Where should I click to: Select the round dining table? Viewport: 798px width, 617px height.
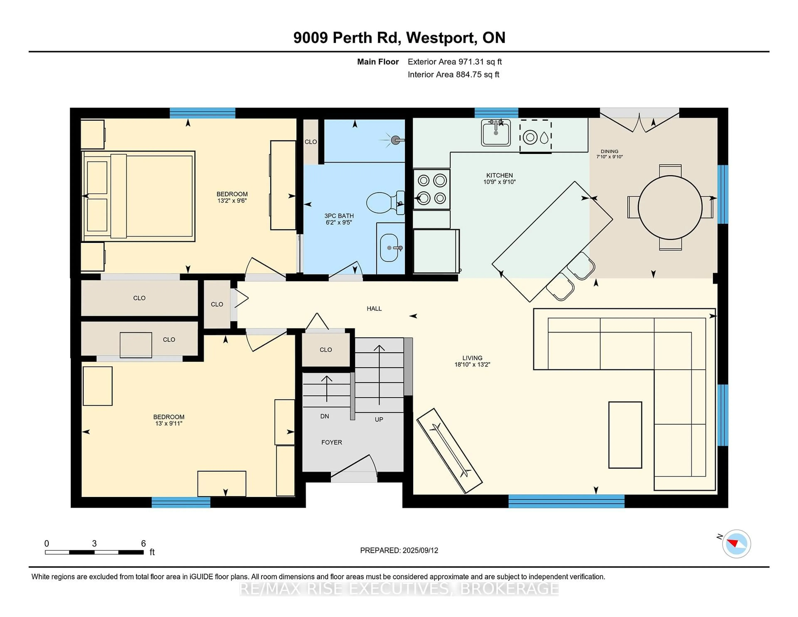coord(670,207)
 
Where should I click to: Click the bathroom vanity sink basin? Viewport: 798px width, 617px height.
coord(389,248)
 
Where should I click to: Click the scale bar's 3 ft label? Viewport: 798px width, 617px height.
coord(94,544)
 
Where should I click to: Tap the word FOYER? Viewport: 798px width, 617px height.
coord(332,442)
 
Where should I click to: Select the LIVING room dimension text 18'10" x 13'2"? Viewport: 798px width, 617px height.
coord(472,364)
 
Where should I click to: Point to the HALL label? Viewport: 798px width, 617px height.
coord(374,308)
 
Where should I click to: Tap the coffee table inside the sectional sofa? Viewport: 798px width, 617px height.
coord(625,435)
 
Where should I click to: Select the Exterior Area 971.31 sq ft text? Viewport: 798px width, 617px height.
coord(454,62)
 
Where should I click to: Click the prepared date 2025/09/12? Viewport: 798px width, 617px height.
coord(420,550)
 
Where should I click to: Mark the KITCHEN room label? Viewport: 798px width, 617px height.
coord(500,175)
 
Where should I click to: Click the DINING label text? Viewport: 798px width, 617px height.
coord(610,151)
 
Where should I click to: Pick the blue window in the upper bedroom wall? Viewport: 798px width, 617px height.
coord(202,113)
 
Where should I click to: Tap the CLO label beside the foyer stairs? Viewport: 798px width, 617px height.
coord(326,350)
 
